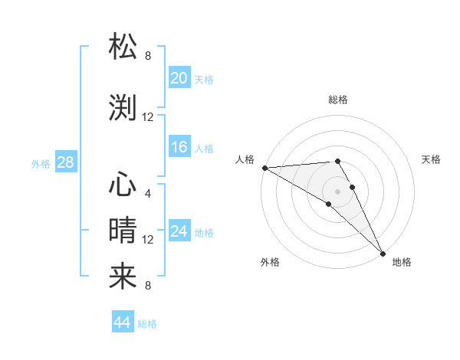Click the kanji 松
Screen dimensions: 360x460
[123, 47]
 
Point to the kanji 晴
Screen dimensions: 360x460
[123, 230]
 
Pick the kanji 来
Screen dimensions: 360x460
[123, 276]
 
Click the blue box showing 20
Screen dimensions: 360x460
[179, 77]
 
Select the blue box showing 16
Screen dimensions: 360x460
[179, 147]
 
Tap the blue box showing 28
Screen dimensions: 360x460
[65, 162]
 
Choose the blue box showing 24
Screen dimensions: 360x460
[179, 231]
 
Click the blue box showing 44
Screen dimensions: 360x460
[122, 322]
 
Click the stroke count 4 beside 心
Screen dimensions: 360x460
[147, 193]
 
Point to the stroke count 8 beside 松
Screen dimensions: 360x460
[147, 55]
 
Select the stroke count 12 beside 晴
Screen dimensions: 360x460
[148, 240]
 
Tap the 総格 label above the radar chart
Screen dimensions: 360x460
[337, 100]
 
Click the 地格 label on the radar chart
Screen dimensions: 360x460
[402, 262]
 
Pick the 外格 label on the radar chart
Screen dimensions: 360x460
[270, 262]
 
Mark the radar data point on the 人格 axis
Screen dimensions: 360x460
[264, 167]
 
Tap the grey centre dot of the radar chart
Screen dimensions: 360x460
[337, 191]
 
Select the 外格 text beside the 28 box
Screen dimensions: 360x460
[41, 163]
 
